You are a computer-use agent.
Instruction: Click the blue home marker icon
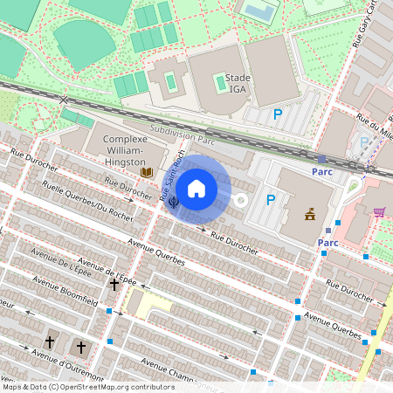click(196, 188)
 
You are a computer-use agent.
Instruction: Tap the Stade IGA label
click(238, 83)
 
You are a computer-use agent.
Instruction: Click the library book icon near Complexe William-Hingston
click(147, 172)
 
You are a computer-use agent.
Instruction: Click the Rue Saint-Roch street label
click(170, 180)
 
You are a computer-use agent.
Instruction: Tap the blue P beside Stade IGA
click(279, 114)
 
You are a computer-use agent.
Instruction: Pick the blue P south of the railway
click(271, 201)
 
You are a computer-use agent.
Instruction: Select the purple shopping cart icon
click(380, 211)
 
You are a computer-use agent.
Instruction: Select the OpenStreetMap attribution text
click(88, 386)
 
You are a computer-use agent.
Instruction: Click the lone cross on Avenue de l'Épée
click(114, 285)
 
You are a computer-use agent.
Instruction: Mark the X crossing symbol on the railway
click(63, 100)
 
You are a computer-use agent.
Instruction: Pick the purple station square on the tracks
click(321, 159)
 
